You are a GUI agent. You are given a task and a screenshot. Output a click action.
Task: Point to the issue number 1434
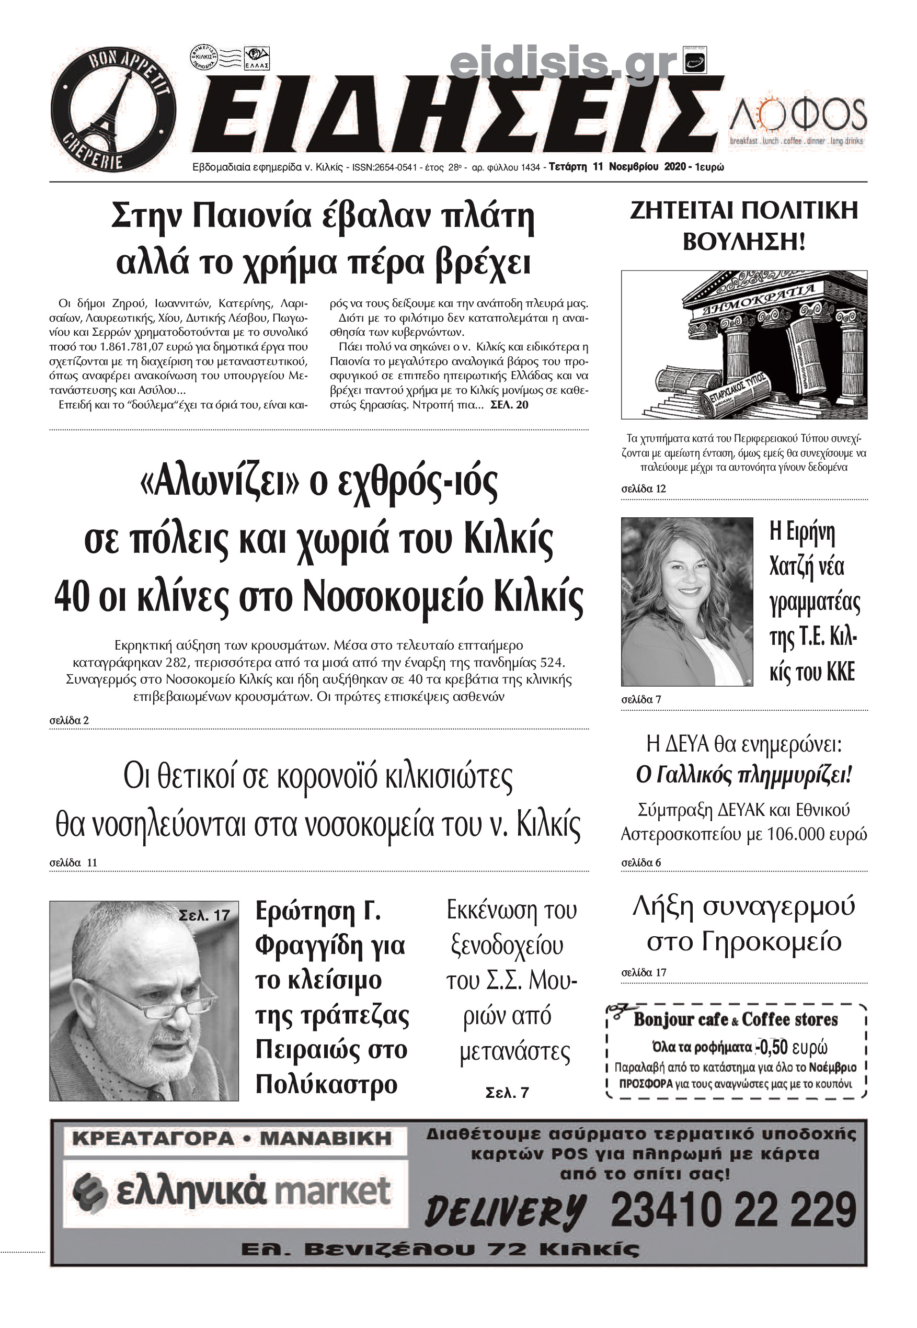click(x=530, y=167)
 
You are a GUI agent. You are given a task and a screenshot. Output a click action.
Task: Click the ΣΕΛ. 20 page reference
click(x=509, y=405)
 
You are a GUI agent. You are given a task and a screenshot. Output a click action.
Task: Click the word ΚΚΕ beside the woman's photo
click(x=841, y=672)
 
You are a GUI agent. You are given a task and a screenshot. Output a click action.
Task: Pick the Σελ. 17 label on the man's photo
click(x=204, y=915)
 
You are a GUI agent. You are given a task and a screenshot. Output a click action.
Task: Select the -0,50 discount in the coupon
click(x=772, y=1047)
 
